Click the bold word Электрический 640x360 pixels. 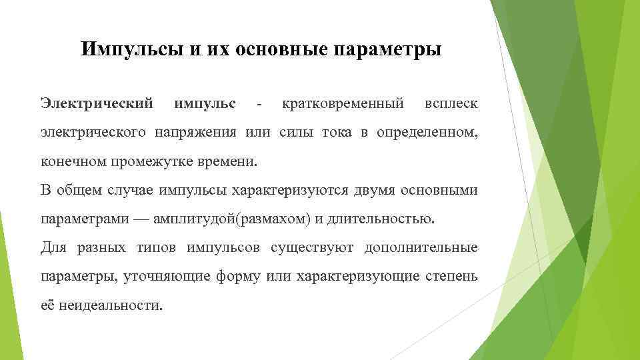click(x=97, y=103)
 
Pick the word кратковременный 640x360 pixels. click(x=343, y=103)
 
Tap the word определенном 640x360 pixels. click(x=427, y=132)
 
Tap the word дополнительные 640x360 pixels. click(x=421, y=248)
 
